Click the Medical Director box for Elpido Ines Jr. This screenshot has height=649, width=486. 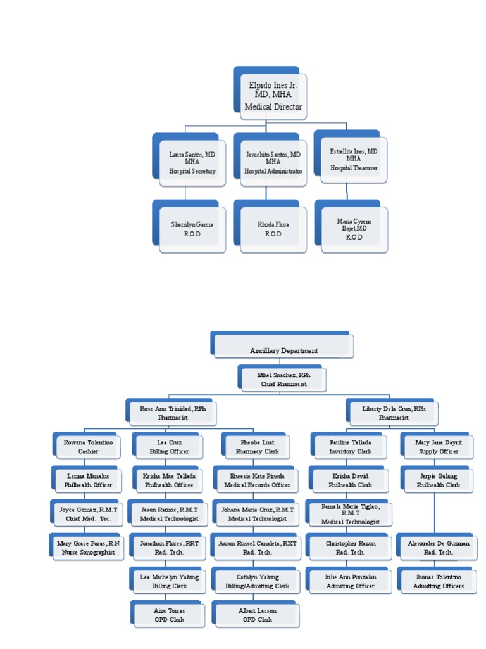(x=273, y=96)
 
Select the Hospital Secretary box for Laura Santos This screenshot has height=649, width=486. (x=192, y=163)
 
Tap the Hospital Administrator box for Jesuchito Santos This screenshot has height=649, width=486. (x=273, y=163)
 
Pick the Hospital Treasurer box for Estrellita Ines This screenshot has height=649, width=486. (x=354, y=160)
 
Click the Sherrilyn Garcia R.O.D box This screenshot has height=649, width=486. (x=192, y=229)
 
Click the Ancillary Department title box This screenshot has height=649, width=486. (x=283, y=347)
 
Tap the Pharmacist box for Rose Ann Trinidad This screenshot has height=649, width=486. (x=173, y=413)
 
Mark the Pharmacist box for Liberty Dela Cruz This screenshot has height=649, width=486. (x=394, y=413)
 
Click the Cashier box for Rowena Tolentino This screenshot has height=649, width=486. (x=88, y=447)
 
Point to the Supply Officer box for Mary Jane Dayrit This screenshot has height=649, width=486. (x=439, y=447)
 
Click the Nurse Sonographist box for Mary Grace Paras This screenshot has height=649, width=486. (x=88, y=548)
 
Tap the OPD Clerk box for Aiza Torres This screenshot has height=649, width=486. (x=169, y=615)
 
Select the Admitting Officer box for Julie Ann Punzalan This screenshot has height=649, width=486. (x=350, y=581)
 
